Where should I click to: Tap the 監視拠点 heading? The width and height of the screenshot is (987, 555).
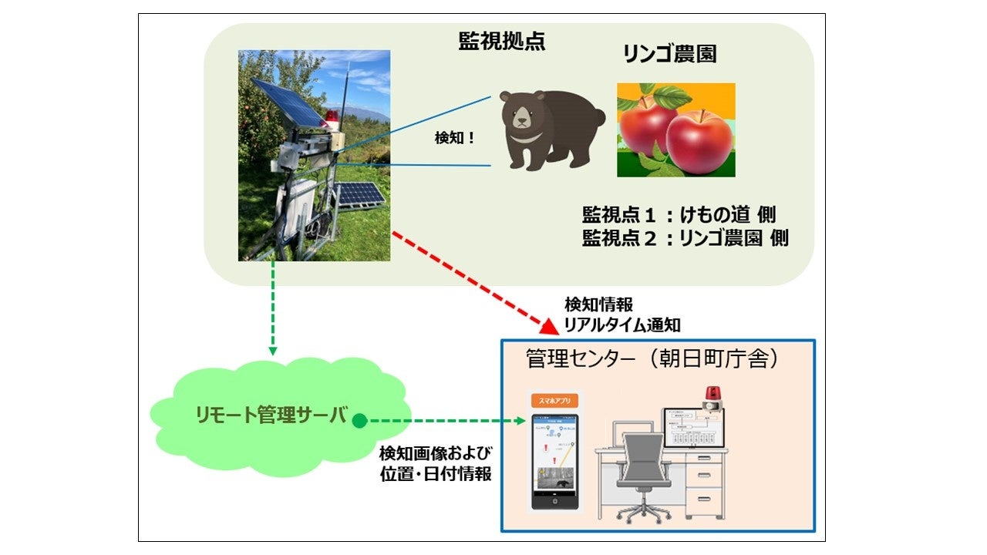pyautogui.click(x=501, y=42)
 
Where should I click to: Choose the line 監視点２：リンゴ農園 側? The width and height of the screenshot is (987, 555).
pyautogui.click(x=686, y=238)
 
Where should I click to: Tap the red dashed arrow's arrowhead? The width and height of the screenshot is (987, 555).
pyautogui.click(x=548, y=327)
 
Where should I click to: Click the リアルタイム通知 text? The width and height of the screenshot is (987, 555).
pyautogui.click(x=621, y=325)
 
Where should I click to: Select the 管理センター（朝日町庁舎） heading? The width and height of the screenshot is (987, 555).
pyautogui.click(x=648, y=359)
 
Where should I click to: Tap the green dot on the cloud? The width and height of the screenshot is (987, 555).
pyautogui.click(x=359, y=421)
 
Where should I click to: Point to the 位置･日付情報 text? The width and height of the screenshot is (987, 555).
pyautogui.click(x=436, y=474)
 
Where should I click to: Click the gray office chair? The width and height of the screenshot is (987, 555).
pyautogui.click(x=643, y=470)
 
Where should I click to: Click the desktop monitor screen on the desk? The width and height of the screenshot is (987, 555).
pyautogui.click(x=694, y=429)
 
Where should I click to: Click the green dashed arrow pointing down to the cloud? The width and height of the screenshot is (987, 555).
pyautogui.click(x=272, y=308)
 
